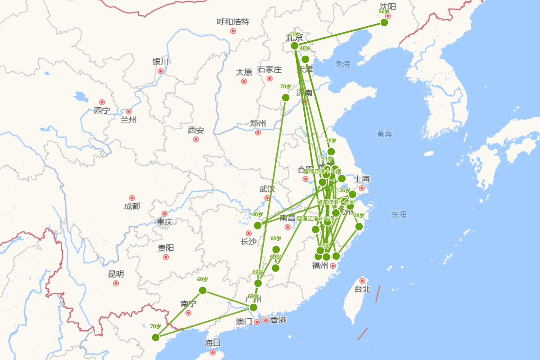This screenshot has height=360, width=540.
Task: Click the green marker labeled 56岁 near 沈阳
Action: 384,22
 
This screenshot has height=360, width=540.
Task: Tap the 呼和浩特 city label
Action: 233,22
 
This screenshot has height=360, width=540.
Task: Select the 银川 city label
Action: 160,62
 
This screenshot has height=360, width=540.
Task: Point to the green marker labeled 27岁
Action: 295,45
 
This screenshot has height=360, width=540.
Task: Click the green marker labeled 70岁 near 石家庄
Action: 286,98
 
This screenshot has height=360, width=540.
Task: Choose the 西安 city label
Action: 196,130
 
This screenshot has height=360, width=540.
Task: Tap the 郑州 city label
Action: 258,123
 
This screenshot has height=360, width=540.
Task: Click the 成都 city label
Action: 132,206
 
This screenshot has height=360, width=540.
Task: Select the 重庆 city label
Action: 165,221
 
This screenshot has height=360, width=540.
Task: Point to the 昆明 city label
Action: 116,274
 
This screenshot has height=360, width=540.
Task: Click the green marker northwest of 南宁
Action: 202,290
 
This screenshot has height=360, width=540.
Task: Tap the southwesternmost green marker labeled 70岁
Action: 156,337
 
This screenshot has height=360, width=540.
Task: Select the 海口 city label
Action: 213,343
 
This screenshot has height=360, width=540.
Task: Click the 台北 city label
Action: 362,289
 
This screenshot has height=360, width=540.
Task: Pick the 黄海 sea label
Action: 384,134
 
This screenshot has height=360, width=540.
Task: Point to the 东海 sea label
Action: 399,214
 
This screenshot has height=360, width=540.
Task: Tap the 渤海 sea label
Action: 342,64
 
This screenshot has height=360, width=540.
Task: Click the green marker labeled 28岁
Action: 359,226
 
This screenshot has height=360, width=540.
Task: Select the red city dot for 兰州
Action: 129,112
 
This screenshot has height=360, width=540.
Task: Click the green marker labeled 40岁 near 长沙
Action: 257,225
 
